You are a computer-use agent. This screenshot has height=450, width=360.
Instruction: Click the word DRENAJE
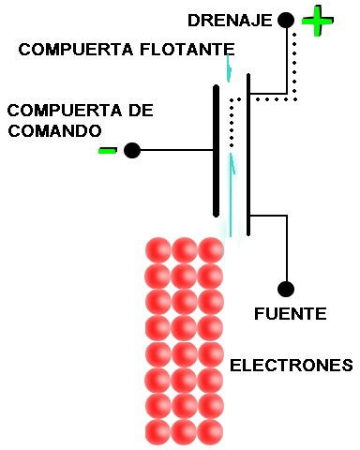(230, 21)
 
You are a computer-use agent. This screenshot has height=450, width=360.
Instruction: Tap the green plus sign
(318, 21)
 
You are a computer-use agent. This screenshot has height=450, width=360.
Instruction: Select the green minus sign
(108, 150)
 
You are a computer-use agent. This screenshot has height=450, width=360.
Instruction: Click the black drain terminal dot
(286, 20)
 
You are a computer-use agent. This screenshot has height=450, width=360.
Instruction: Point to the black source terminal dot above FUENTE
(286, 289)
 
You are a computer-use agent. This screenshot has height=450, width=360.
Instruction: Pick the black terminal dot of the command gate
(132, 150)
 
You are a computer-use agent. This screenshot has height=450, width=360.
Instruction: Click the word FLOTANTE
(187, 50)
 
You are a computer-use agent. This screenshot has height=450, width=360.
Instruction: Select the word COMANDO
(54, 131)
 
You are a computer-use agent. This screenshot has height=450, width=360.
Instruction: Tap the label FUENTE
(291, 314)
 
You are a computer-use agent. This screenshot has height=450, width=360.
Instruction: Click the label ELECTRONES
(292, 366)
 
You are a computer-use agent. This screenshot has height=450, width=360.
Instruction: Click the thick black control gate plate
(216, 151)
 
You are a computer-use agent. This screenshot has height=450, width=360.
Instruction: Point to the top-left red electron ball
(158, 250)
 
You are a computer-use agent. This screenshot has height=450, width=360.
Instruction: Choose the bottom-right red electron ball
(211, 432)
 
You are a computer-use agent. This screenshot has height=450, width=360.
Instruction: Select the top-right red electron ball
(211, 250)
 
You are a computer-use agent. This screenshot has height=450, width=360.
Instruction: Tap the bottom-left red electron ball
(158, 432)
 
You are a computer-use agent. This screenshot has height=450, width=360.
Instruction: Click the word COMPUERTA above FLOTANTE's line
(76, 50)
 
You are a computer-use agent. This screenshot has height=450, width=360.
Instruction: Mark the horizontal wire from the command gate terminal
(177, 150)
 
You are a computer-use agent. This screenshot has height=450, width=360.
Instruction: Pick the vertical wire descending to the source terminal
(286, 247)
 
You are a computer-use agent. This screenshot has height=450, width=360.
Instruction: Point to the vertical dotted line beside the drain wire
(294, 65)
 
